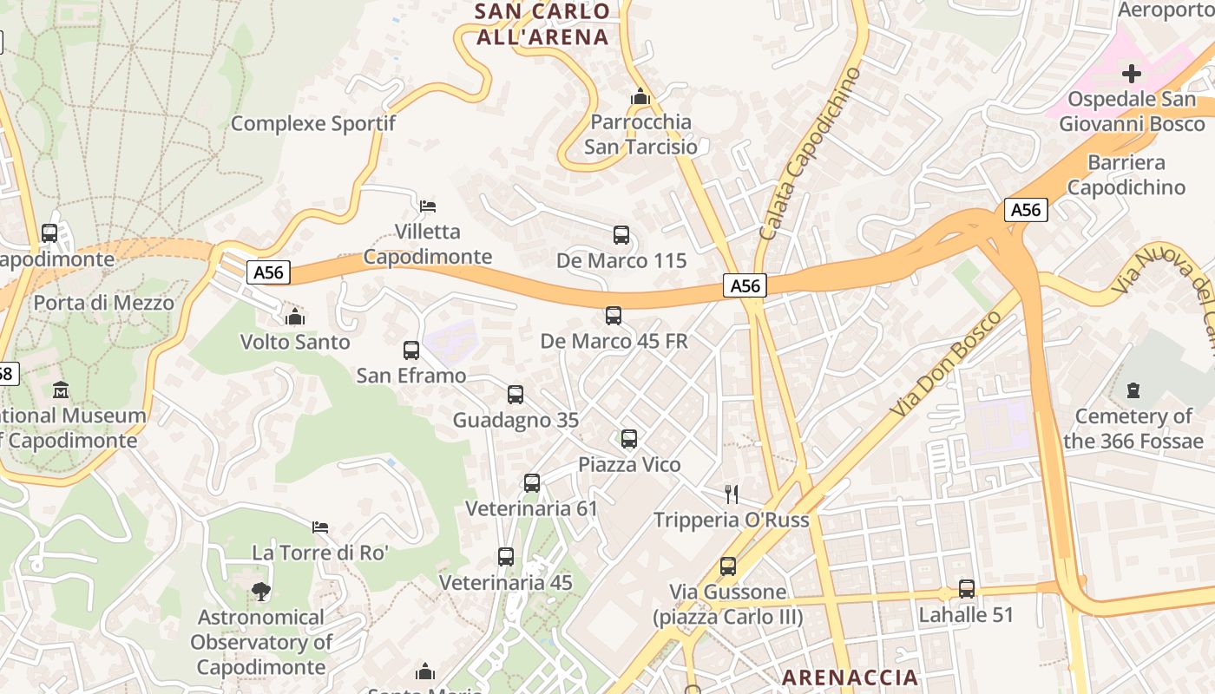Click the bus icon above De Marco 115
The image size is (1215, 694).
click(x=621, y=235)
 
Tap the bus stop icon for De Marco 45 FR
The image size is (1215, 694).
click(x=614, y=316)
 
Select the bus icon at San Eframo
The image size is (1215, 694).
click(x=411, y=350)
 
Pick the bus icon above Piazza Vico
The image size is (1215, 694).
click(x=629, y=439)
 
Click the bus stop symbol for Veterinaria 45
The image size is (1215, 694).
click(x=506, y=557)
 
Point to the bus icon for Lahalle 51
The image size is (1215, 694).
click(x=967, y=589)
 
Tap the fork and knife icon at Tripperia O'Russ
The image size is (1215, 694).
click(x=732, y=494)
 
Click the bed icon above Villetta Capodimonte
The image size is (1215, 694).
click(x=427, y=206)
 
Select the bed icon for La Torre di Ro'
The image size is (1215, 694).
click(x=320, y=527)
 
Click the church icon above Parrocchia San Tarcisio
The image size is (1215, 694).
click(x=640, y=96)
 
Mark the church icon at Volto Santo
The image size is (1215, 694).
click(x=295, y=317)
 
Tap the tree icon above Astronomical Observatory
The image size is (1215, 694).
click(x=260, y=592)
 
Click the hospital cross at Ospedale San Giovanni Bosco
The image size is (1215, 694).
click(x=1132, y=74)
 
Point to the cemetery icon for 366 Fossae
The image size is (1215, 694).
click(x=1133, y=391)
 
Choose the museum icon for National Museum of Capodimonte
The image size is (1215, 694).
click(x=61, y=390)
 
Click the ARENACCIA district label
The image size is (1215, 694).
click(x=850, y=678)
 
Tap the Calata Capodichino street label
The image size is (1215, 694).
click(x=810, y=154)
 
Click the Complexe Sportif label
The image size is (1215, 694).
click(x=312, y=123)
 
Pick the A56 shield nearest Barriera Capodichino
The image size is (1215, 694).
click(x=1026, y=210)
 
